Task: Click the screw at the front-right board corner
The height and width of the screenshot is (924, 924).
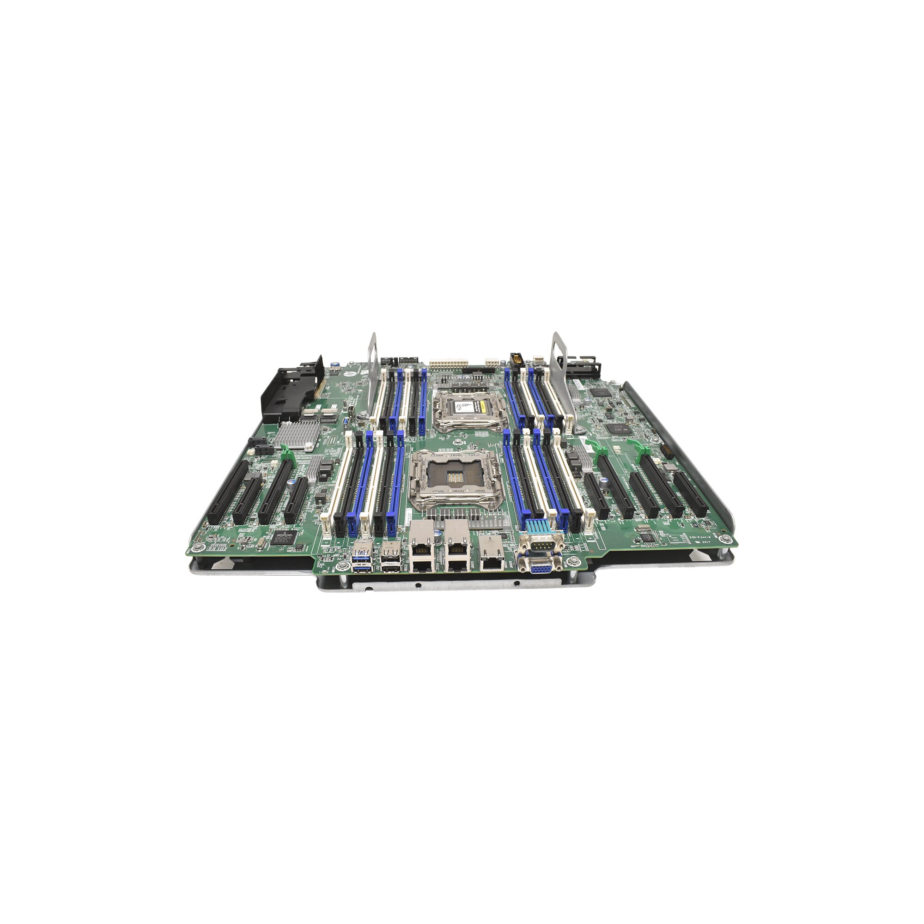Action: (728, 539)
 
